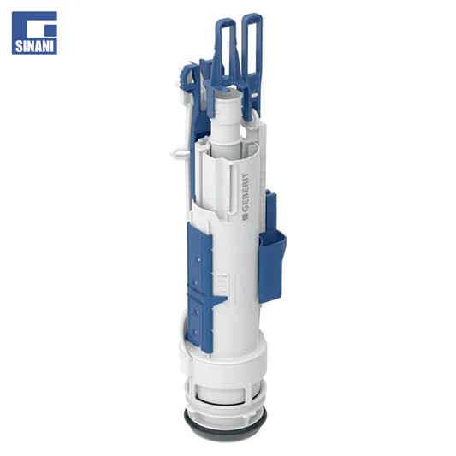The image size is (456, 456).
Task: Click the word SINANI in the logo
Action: (34, 47)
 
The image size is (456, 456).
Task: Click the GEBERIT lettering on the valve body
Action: (246, 192)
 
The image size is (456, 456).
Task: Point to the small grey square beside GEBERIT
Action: (246, 216)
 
